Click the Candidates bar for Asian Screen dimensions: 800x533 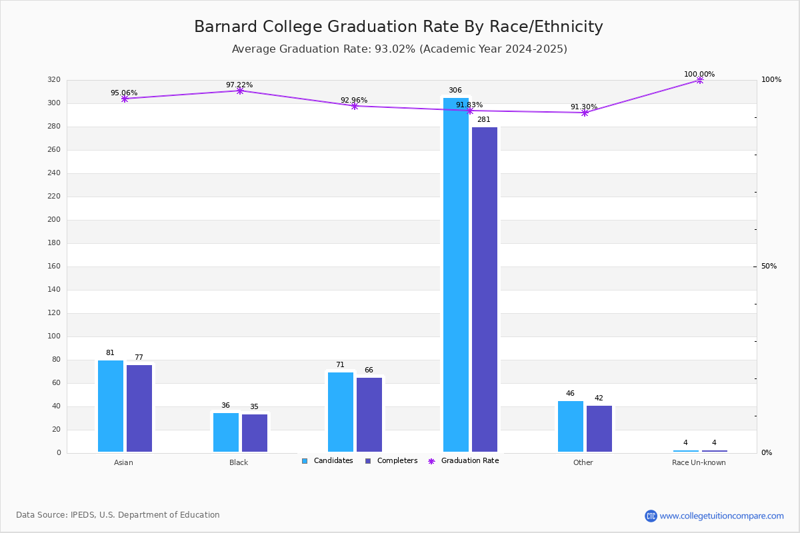pyautogui.click(x=111, y=406)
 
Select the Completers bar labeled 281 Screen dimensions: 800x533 pyautogui.click(x=485, y=290)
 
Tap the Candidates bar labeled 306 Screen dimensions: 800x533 pyautogui.click(x=456, y=275)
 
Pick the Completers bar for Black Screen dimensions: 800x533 pyautogui.click(x=255, y=433)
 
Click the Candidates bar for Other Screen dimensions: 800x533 pyautogui.click(x=571, y=426)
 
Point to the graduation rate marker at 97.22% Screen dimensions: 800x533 pyautogui.click(x=240, y=91)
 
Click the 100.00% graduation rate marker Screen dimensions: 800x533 pyautogui.click(x=700, y=81)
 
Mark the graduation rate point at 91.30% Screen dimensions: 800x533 pyautogui.click(x=585, y=113)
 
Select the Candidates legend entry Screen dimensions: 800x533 pyautogui.click(x=327, y=461)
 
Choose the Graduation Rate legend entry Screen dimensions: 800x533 pyautogui.click(x=463, y=461)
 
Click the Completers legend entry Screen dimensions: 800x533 pyautogui.click(x=391, y=461)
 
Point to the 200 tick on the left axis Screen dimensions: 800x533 pyautogui.click(x=54, y=220)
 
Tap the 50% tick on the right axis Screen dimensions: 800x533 pyautogui.click(x=769, y=266)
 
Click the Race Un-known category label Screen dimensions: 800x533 pyautogui.click(x=699, y=462)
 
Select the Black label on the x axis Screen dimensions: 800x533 pyautogui.click(x=239, y=462)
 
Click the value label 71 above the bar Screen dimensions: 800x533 pyautogui.click(x=340, y=365)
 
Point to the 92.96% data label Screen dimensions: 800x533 pyautogui.click(x=354, y=101)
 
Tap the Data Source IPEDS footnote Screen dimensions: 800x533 pyautogui.click(x=118, y=515)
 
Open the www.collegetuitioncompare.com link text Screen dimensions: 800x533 pyautogui.click(x=721, y=516)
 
